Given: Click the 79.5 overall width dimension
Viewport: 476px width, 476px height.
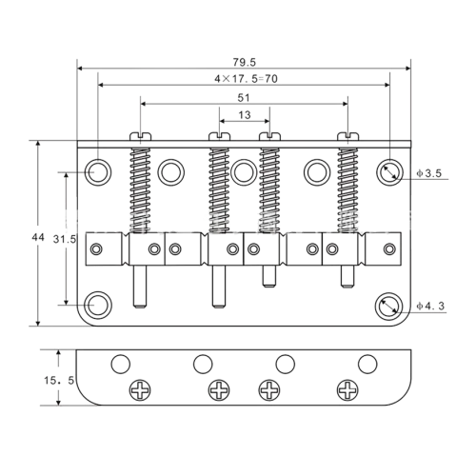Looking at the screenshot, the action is coord(244,62).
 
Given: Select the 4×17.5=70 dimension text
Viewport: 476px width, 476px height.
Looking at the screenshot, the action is coord(246,79).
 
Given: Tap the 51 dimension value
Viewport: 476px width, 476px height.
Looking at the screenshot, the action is coord(244,98).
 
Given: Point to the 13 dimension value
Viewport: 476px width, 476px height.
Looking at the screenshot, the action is coord(245,115).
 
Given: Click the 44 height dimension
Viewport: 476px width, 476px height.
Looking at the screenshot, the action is coord(38,237).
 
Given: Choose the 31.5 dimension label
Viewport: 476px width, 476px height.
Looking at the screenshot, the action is coord(65,239).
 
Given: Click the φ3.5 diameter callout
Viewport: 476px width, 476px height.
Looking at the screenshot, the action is coord(429,173).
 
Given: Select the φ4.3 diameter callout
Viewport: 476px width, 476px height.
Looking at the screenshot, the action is coord(430,306).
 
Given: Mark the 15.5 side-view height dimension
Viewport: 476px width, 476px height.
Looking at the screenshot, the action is coord(59,380).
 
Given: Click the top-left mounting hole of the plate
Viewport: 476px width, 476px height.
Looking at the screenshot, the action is coord(98,172).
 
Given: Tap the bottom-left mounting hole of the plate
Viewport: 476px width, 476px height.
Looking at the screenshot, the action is coord(98,305).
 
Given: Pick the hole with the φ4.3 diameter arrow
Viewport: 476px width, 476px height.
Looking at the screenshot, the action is coord(388,307).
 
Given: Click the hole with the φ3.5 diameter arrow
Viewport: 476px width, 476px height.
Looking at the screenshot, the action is coord(389,172).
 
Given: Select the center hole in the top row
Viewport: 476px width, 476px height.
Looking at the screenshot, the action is coord(244,172).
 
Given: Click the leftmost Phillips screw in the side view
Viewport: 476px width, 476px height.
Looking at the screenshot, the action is coord(140,389).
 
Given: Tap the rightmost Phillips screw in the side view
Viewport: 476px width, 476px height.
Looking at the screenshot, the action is coord(347,389).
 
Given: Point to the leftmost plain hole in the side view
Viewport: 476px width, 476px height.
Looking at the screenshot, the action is coord(121,364).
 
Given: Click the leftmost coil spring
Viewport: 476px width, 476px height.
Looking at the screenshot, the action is coord(140,190).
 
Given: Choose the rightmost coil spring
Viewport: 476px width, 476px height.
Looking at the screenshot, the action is coord(347,190).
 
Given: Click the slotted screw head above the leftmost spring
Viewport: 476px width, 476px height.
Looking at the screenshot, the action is coord(140,136).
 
